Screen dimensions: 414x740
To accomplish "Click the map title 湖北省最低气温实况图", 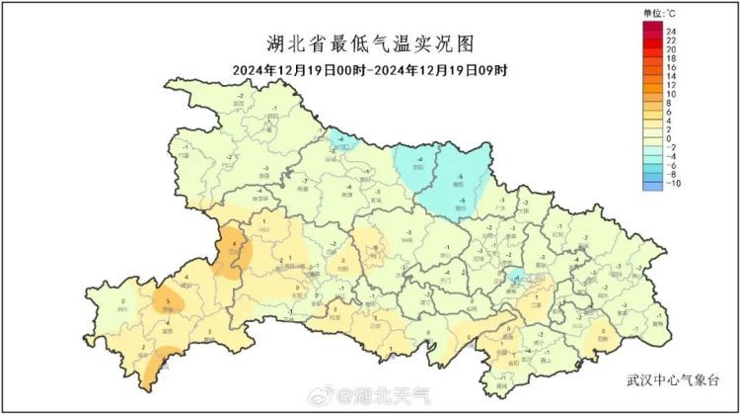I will [370, 44].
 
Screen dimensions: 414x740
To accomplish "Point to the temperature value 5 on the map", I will [169, 299].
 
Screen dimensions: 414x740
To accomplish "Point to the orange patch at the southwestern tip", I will [151, 373].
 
